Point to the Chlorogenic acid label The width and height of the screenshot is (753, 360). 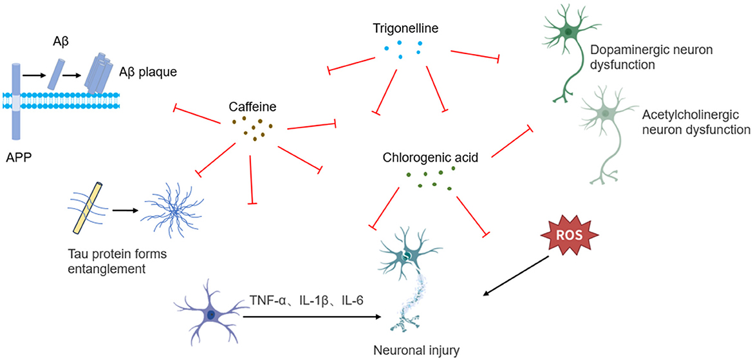coord(430,156)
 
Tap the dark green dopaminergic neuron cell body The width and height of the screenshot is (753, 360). coord(570,32)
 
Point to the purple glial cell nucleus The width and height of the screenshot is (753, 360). coord(212,314)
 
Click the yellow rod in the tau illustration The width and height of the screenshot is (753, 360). coord(87,207)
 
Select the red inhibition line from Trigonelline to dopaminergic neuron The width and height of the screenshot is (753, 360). coord(474,55)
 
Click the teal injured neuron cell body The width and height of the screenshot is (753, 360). coord(407,256)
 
